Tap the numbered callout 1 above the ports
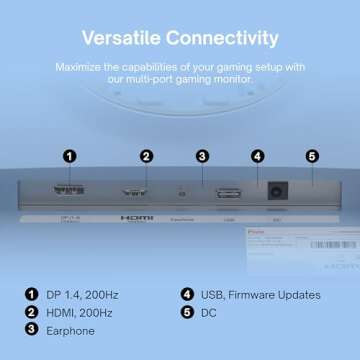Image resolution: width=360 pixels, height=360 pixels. click(x=68, y=156)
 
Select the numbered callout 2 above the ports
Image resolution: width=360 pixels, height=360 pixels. click(x=146, y=156)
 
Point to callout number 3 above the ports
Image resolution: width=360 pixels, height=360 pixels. click(x=202, y=156)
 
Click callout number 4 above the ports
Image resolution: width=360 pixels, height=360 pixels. click(x=257, y=156)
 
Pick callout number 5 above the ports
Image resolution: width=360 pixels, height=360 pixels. click(x=311, y=156)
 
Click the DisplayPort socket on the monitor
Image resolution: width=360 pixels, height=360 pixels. click(x=70, y=193)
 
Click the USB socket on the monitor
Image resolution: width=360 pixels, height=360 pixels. click(x=228, y=193)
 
